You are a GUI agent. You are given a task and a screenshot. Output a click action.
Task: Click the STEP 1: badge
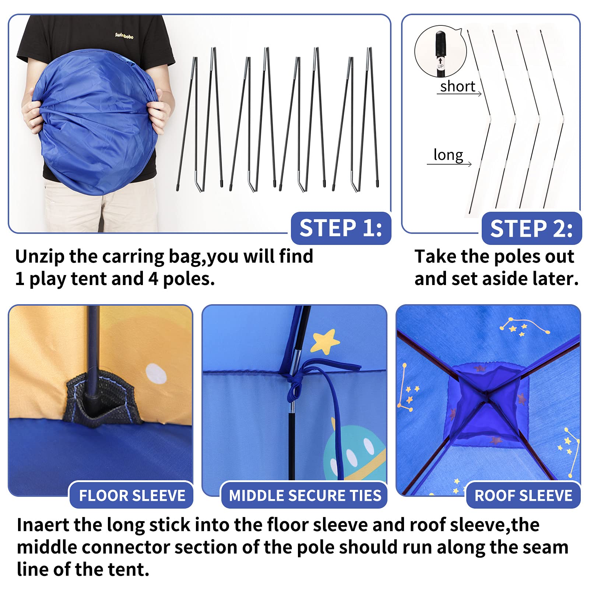coord(341,228)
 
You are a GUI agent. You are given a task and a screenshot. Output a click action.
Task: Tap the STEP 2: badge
coord(531,228)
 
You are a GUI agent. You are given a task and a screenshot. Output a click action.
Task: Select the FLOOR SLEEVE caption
coord(131,495)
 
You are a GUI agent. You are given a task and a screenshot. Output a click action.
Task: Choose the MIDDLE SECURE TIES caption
coord(305,495)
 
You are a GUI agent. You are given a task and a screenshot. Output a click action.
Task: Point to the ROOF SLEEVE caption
coord(523,495)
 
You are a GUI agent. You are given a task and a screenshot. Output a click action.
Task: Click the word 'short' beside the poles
coord(457,86)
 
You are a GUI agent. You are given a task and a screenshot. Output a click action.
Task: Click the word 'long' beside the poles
coord(448,155)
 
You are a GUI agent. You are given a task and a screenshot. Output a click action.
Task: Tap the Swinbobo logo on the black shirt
coord(124,36)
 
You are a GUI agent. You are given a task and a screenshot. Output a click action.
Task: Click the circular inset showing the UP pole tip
coord(440,51)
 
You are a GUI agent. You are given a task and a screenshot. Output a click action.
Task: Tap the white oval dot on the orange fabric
coord(156,374)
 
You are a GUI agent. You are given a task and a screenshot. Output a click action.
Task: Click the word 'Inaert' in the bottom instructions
coord(43,524)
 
